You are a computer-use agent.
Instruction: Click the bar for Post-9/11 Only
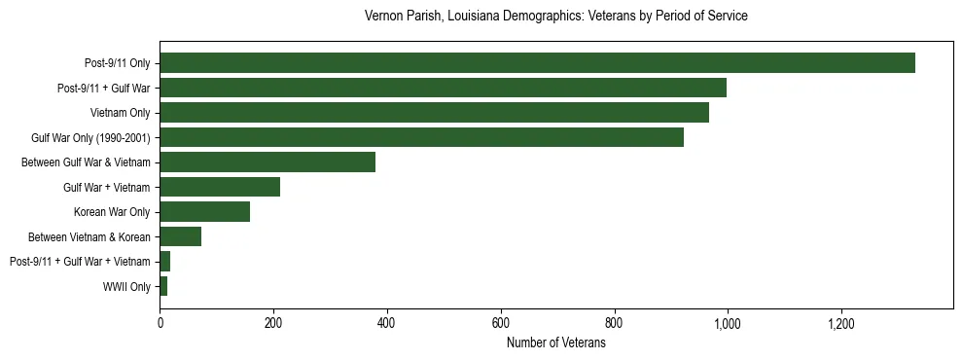tap(537, 63)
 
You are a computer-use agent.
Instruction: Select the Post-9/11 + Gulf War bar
tap(443, 88)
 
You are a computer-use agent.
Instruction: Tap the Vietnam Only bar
tap(434, 113)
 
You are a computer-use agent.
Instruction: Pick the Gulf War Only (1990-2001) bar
tap(421, 137)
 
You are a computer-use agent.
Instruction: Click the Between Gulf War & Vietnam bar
tap(267, 162)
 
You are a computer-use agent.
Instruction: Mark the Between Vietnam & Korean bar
tap(180, 236)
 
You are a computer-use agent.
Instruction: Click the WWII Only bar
tap(163, 286)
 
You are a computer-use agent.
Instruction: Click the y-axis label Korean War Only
tap(112, 212)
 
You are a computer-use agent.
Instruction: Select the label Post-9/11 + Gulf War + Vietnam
tap(80, 262)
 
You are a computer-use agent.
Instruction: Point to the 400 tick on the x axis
tap(387, 323)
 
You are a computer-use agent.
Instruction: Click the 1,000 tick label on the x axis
tap(728, 323)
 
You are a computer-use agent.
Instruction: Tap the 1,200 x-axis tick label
tap(840, 323)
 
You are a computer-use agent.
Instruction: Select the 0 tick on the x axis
tap(160, 323)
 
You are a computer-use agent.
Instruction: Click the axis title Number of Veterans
tap(556, 343)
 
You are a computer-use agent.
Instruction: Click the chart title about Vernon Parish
tap(555, 17)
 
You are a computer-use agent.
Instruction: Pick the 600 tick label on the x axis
tap(501, 323)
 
